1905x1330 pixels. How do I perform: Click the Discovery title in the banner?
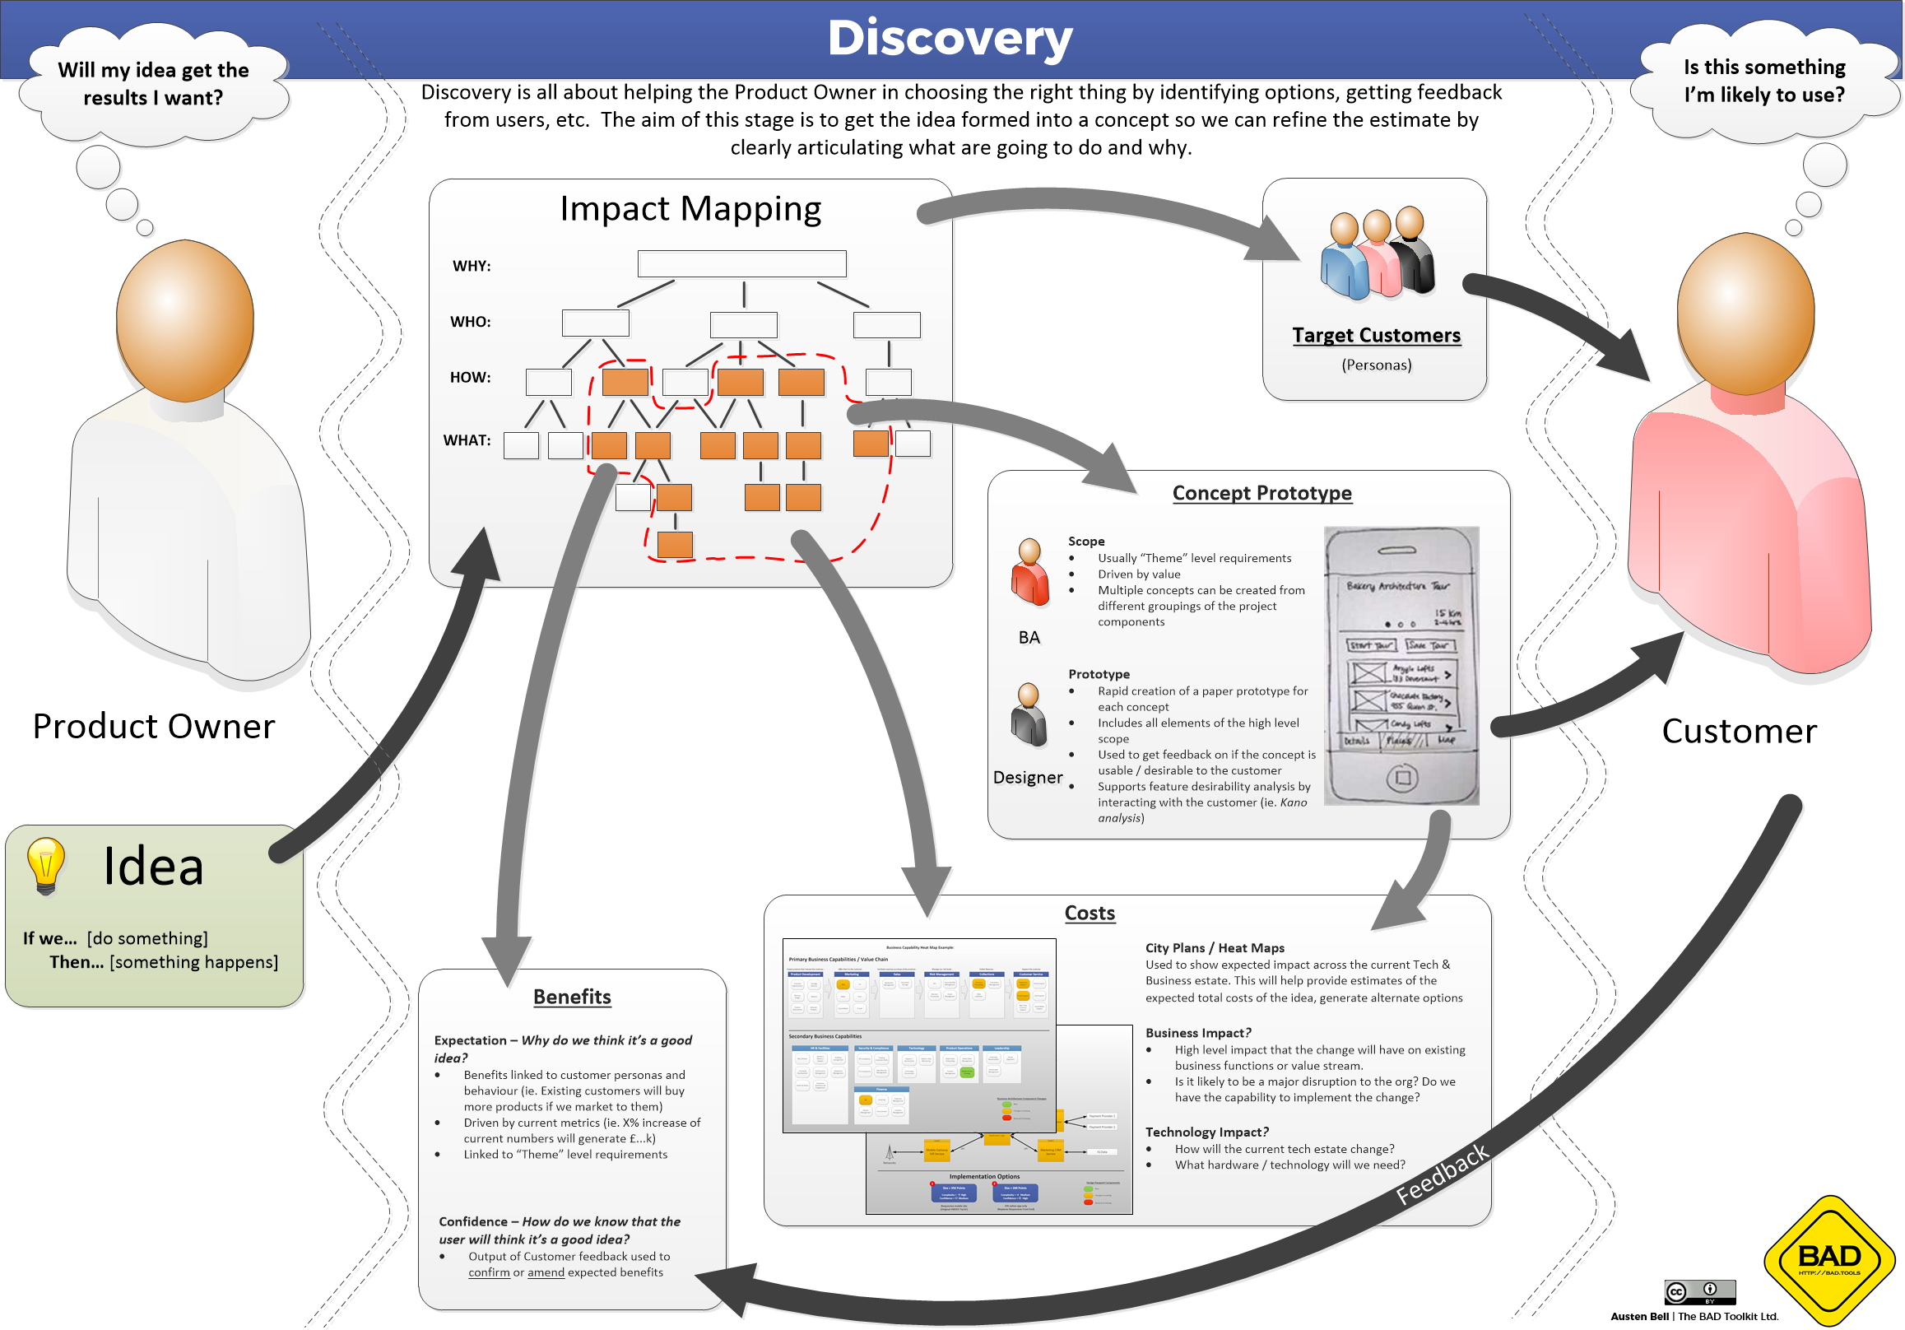click(x=949, y=38)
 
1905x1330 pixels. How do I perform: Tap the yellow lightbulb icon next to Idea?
click(x=45, y=864)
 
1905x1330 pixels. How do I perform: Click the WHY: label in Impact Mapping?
click(x=472, y=266)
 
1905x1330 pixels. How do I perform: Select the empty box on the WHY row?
click(x=741, y=264)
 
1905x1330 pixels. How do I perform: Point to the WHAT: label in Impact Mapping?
click(x=467, y=439)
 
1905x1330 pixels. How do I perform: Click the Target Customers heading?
click(x=1376, y=335)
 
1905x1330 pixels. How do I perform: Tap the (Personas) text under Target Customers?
click(x=1376, y=365)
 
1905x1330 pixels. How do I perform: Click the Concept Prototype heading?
click(x=1261, y=493)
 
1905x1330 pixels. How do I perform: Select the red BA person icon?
click(x=1029, y=573)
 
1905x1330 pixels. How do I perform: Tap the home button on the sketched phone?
click(x=1402, y=778)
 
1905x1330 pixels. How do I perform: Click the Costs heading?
click(x=1090, y=913)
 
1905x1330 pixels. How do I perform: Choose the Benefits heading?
click(x=572, y=997)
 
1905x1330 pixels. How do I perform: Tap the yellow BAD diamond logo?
click(x=1828, y=1259)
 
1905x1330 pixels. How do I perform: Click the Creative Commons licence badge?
click(x=1699, y=1292)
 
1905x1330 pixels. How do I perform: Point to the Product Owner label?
click(x=154, y=726)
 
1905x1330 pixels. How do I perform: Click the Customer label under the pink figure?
click(x=1738, y=731)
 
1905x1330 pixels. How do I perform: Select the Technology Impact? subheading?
click(x=1206, y=1132)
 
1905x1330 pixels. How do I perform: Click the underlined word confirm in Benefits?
click(x=489, y=1272)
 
